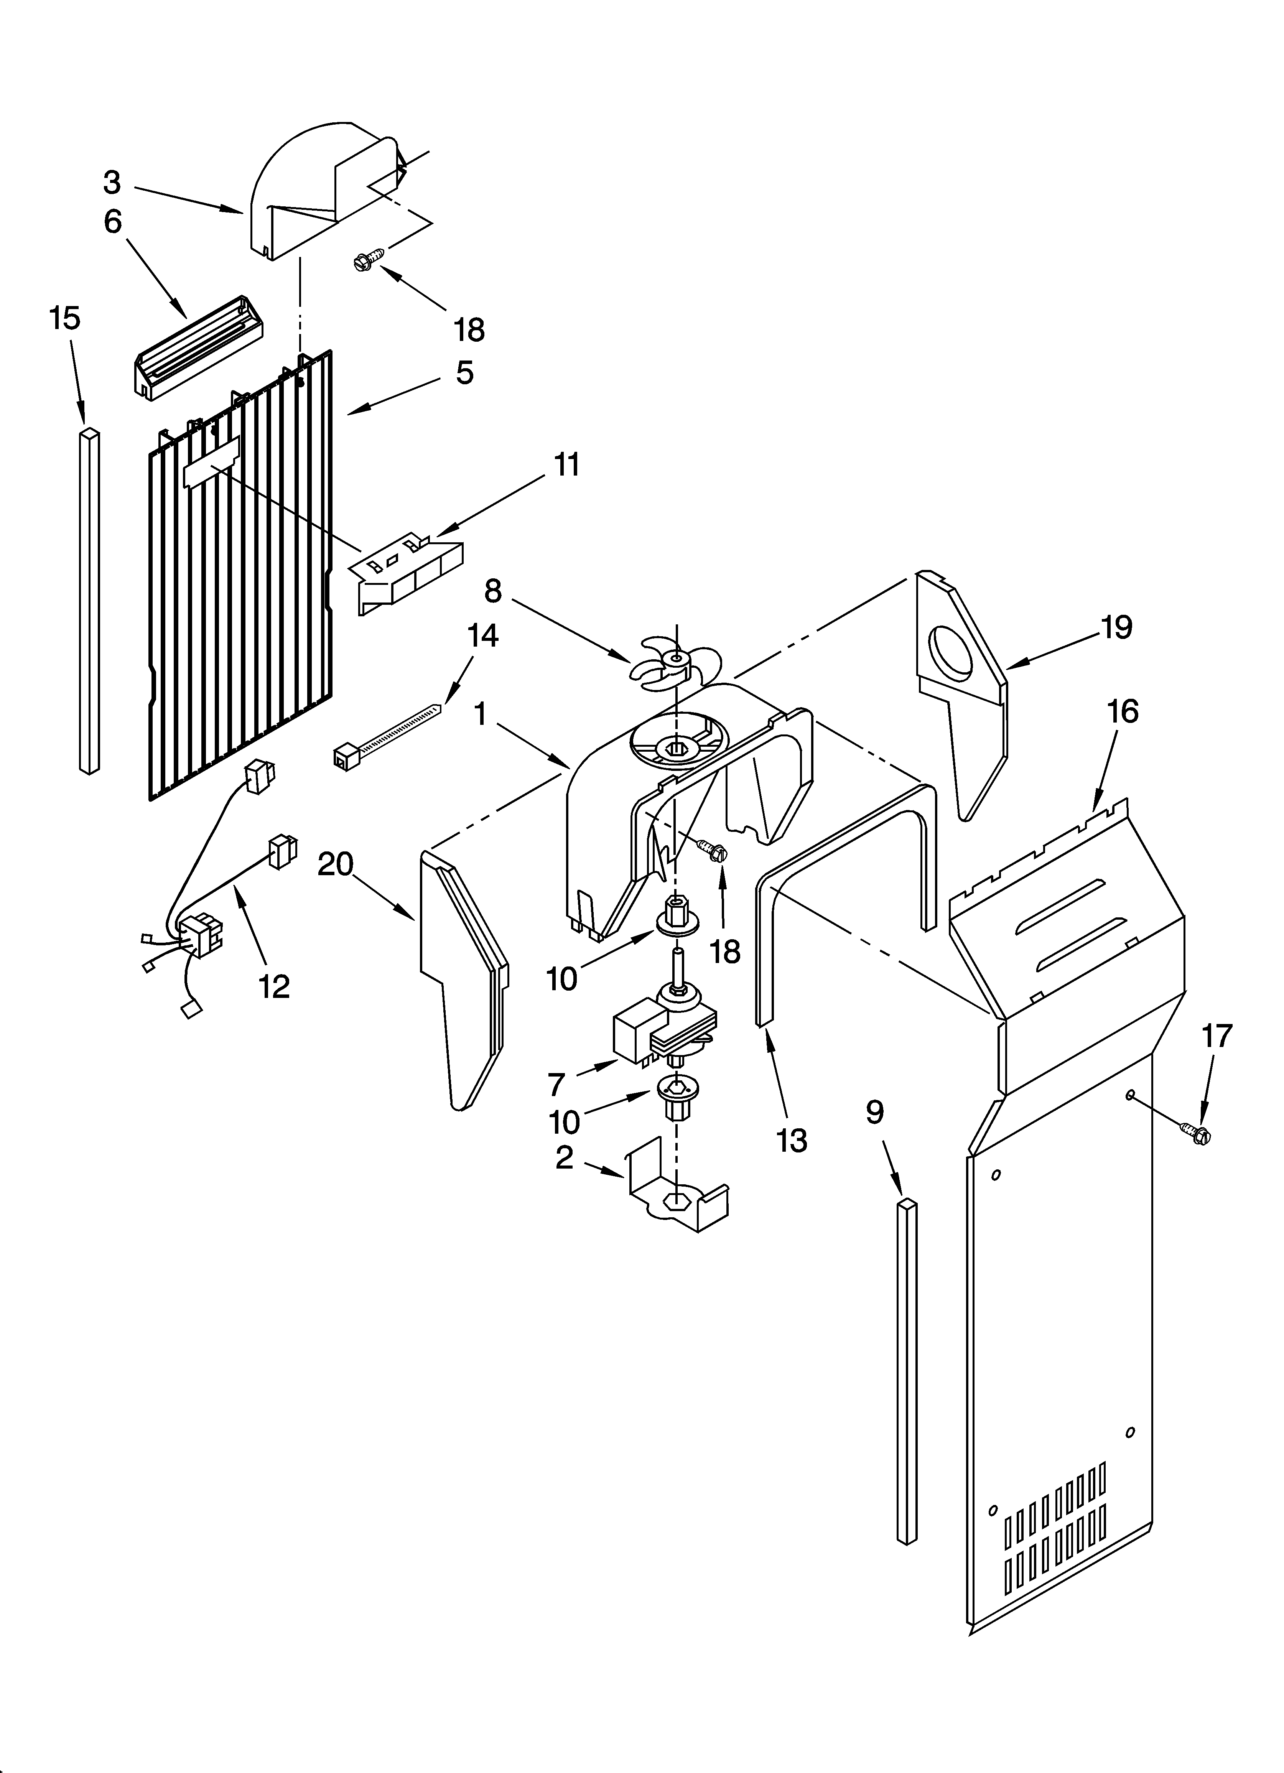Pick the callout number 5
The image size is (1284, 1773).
(464, 373)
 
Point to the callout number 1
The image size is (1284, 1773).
(480, 713)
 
